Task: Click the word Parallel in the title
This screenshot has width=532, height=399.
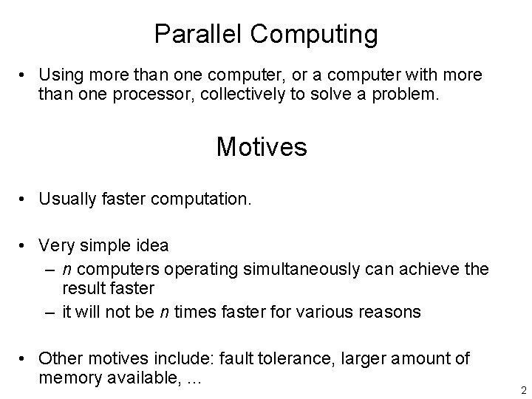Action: point(191,33)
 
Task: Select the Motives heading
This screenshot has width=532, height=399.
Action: point(262,146)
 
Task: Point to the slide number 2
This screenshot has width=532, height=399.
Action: point(522,390)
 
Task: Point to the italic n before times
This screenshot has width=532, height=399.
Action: point(164,311)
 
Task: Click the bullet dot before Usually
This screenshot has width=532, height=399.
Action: point(25,199)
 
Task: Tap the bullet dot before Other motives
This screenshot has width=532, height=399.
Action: point(25,359)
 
